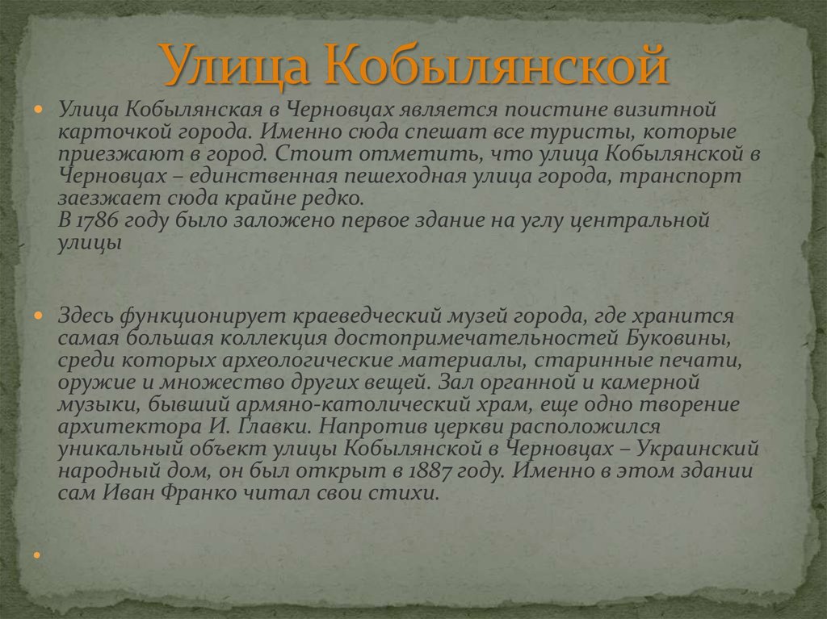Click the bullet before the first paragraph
click(38, 108)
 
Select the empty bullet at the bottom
click(38, 555)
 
